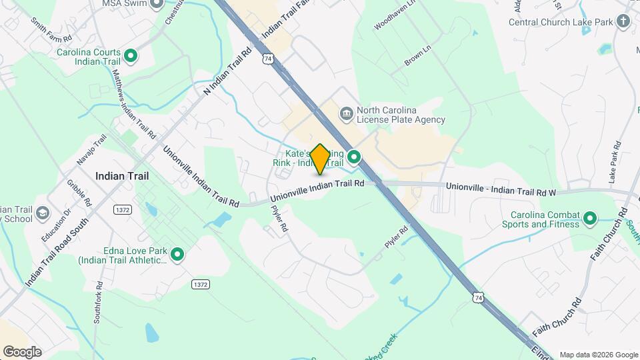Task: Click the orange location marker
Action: click(x=321, y=159)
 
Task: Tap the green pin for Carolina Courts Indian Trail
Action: click(x=131, y=56)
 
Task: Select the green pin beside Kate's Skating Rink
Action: click(x=354, y=157)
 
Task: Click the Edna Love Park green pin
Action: click(x=177, y=254)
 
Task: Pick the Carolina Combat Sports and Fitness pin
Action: click(x=589, y=218)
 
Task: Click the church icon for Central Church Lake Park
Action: click(x=623, y=21)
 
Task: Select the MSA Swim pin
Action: click(x=156, y=4)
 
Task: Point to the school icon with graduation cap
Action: click(x=43, y=213)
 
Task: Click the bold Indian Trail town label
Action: click(x=121, y=176)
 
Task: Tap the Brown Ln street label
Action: click(x=418, y=57)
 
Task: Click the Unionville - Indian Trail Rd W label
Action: click(x=501, y=189)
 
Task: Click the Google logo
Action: click(x=21, y=352)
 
